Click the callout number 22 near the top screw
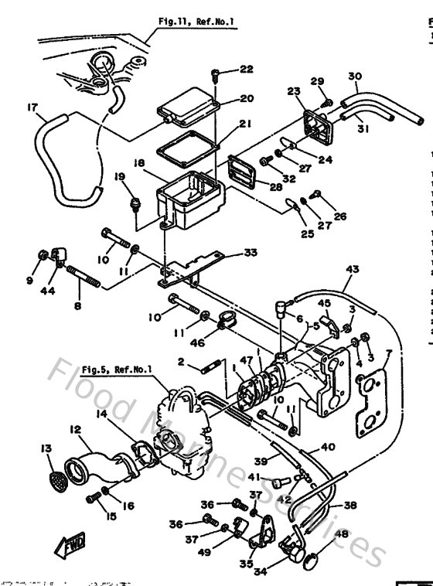[245, 70]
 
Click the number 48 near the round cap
[342, 534]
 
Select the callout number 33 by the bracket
[249, 251]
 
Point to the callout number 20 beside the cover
[246, 98]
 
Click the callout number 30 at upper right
[355, 76]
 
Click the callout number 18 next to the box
[138, 164]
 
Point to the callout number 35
[246, 564]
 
